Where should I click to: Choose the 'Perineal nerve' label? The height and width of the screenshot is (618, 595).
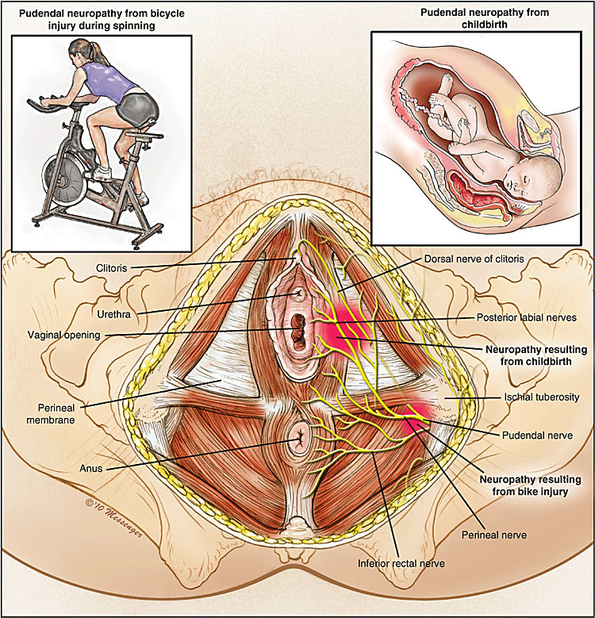[494, 535]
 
